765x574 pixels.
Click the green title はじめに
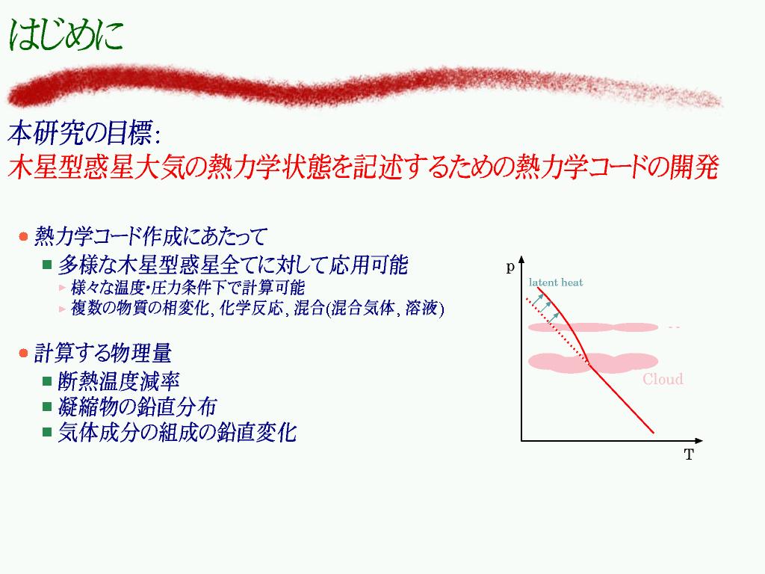pos(66,34)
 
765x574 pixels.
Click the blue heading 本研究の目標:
pos(84,133)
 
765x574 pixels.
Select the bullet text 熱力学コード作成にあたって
pos(150,236)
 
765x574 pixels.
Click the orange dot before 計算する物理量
pos(23,353)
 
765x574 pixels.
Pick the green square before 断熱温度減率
pos(47,381)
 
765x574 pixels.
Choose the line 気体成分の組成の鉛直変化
pos(177,433)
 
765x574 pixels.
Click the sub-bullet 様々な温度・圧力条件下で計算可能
pos(188,288)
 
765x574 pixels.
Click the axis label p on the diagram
pos(510,267)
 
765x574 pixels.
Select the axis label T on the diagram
pos(689,455)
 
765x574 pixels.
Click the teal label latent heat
pos(556,282)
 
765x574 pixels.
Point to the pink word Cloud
pos(663,379)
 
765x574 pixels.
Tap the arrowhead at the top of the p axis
pos(521,259)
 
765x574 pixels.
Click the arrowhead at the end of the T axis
pos(701,441)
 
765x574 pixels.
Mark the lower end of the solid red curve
pos(653,433)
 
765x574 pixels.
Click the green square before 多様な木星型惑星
pos(47,265)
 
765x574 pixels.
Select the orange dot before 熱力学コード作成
pos(23,237)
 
